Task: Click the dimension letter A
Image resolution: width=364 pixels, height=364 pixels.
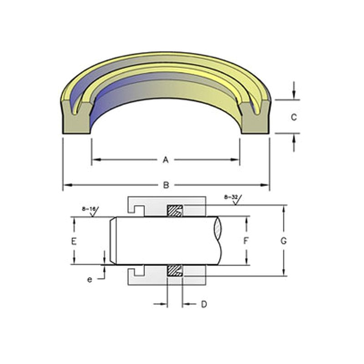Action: [x=166, y=160]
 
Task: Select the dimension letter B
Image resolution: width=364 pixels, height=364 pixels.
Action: [x=166, y=185]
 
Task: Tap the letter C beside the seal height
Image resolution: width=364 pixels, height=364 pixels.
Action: [x=294, y=117]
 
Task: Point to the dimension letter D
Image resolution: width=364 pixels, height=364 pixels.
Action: [x=204, y=305]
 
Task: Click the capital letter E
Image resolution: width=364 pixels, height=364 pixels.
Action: [x=74, y=241]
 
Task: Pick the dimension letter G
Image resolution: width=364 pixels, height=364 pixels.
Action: [x=283, y=241]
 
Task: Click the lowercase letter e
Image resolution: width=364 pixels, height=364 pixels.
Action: [x=90, y=279]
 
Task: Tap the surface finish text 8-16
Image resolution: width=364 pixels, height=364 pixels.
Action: [x=89, y=209]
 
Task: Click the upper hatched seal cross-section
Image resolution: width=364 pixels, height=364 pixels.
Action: [x=175, y=211]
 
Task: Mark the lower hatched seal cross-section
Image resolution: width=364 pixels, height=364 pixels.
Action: [x=175, y=270]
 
